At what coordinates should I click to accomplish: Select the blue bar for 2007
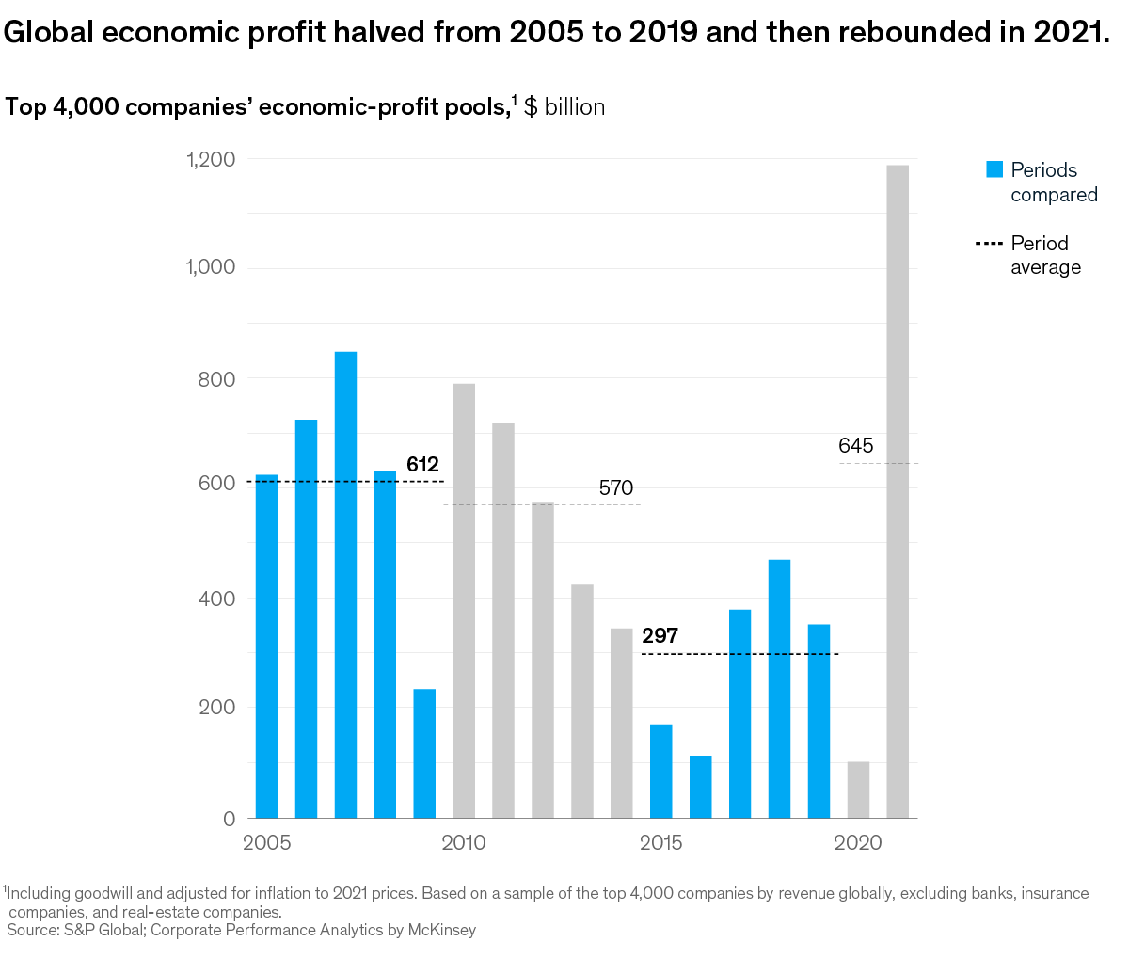(x=345, y=584)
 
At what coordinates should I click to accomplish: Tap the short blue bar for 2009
(x=424, y=753)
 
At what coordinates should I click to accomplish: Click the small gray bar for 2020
(x=858, y=790)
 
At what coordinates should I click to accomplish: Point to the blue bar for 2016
(x=700, y=787)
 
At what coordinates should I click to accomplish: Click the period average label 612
(x=422, y=464)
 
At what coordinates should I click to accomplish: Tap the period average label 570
(x=616, y=488)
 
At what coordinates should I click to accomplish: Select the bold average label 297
(x=660, y=636)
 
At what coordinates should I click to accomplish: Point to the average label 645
(x=856, y=446)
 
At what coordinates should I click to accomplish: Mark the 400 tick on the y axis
(x=217, y=599)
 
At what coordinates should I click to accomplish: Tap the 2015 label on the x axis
(x=661, y=843)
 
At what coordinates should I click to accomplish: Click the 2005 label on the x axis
(x=267, y=843)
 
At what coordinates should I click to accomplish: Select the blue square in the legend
(x=994, y=169)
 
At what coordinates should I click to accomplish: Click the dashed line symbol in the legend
(x=990, y=244)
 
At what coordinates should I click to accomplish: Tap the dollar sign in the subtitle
(x=531, y=107)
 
